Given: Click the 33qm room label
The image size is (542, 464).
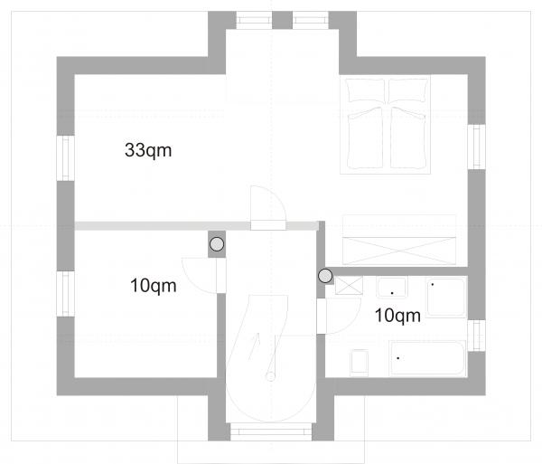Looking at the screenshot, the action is click(148, 150).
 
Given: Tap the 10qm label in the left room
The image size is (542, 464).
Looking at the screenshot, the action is click(154, 286).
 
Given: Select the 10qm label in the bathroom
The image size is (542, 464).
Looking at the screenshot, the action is click(397, 316).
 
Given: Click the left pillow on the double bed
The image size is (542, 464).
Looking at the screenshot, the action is click(366, 90).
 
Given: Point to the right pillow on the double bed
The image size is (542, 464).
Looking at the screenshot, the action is click(408, 90).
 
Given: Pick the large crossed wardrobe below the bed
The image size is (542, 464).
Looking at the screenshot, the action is click(399, 240).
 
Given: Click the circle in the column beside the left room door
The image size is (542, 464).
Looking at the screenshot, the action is click(217, 244).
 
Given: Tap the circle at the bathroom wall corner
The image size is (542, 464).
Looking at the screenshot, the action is click(325, 276).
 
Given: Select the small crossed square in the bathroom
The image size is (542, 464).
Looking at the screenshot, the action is click(349, 286).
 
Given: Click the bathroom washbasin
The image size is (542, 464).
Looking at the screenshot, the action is click(392, 288).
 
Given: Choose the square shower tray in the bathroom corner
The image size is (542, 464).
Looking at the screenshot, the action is click(446, 298).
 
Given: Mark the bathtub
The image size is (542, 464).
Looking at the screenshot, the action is click(427, 358).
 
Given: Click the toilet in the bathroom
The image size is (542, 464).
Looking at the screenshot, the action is click(360, 363).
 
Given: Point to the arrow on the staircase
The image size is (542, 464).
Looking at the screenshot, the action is click(254, 346).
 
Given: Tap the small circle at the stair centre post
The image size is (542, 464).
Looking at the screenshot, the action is click(271, 376).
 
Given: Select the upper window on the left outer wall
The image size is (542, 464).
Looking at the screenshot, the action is click(65, 158).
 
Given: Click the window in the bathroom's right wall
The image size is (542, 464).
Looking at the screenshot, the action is click(477, 336).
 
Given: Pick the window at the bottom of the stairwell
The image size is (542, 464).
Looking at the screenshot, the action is click(271, 431).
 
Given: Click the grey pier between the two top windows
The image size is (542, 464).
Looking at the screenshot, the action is click(283, 20).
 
